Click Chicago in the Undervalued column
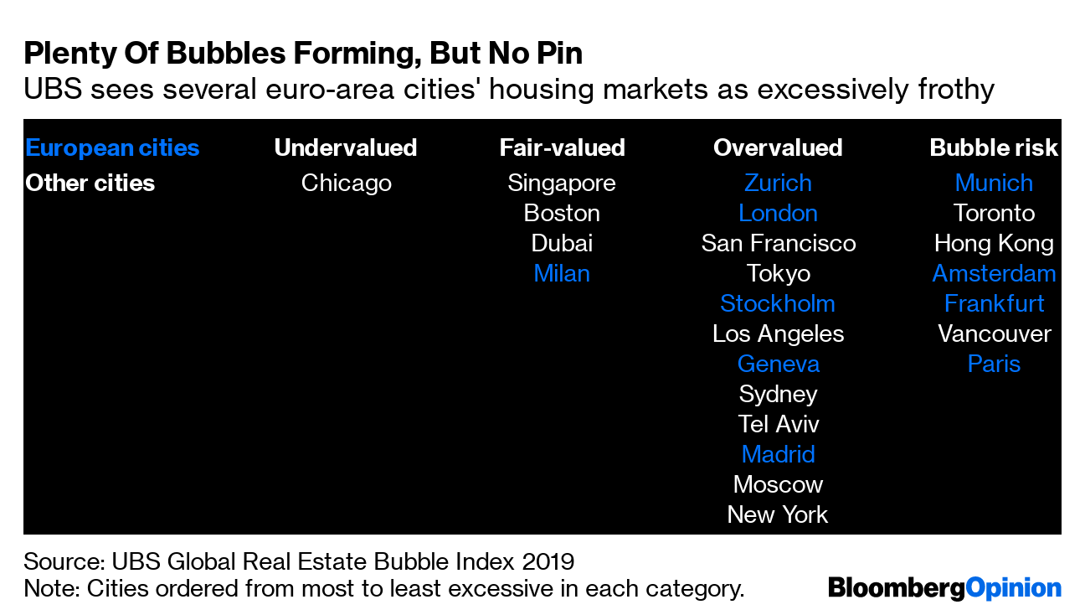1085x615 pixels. point(346,183)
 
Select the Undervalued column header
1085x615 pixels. point(346,147)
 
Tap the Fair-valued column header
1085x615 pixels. point(562,147)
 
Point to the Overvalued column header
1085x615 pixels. point(777,147)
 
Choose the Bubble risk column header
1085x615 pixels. point(994,147)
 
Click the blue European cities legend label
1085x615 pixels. point(112,147)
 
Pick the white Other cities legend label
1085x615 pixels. point(90,183)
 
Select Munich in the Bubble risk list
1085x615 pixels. point(994,183)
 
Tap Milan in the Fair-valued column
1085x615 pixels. point(562,273)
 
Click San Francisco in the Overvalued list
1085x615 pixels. point(778,243)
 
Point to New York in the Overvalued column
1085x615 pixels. point(778,514)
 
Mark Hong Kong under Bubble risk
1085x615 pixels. point(994,243)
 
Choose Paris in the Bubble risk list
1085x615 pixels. point(994,364)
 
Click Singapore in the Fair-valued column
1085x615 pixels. point(562,183)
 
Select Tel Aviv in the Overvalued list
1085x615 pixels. point(778,424)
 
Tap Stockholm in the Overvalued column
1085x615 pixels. point(778,303)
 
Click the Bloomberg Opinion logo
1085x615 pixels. point(944,587)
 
